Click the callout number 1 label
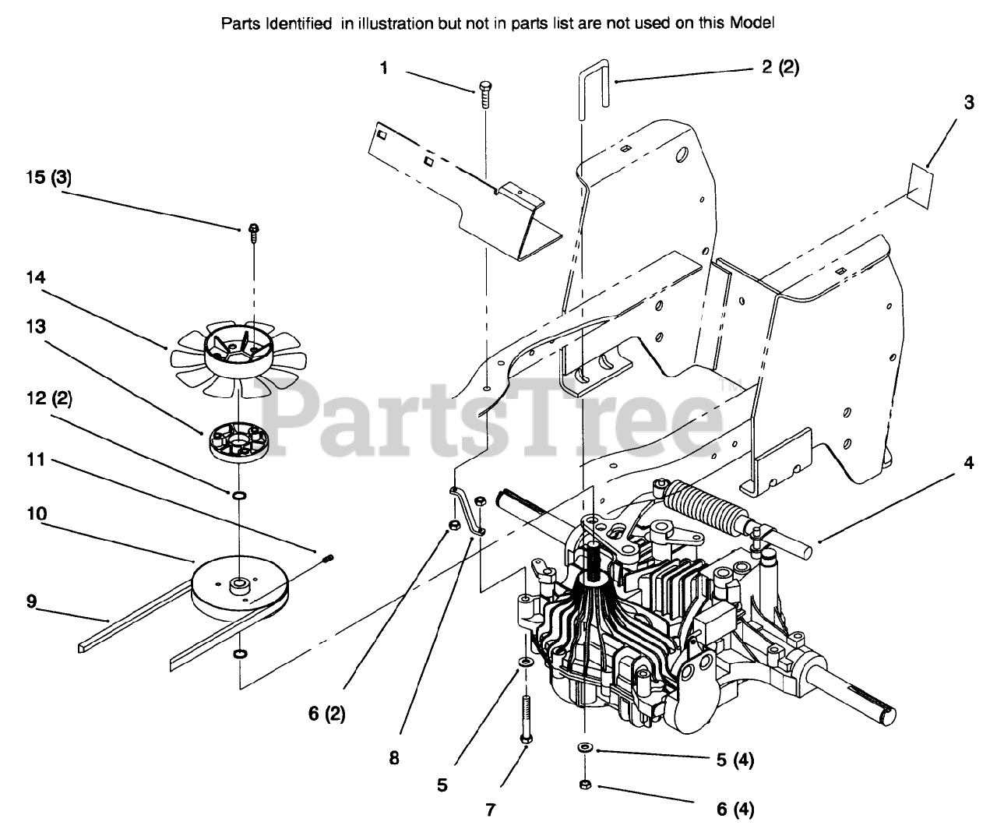tap(383, 69)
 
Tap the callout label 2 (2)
tap(780, 68)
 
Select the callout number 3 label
tap(968, 103)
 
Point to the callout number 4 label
tap(968, 463)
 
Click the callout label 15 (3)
tap(48, 177)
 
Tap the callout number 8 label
tap(394, 757)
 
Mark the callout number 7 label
tap(491, 810)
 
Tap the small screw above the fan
tap(254, 231)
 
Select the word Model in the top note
tap(752, 23)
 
